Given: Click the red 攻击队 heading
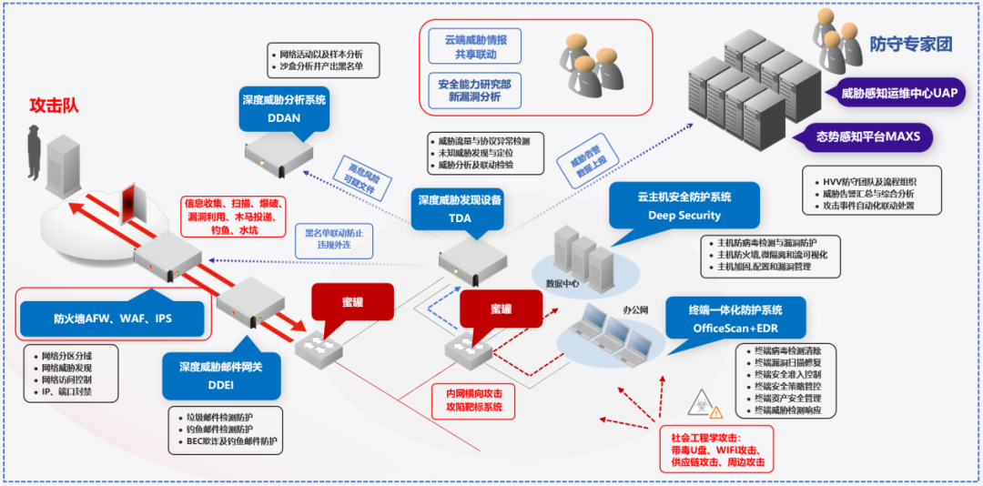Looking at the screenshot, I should pos(54,106).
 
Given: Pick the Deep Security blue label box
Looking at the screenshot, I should pos(684,206).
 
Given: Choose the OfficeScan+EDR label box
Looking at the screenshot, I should pos(735,318).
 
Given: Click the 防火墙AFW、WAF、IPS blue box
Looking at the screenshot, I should pos(113,319).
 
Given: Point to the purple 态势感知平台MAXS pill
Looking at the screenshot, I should pos(873,138).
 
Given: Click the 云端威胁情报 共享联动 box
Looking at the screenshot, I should pos(481,47).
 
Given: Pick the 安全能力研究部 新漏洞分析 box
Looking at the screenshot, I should pos(481,89).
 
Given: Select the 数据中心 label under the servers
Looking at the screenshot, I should pos(563,283).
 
